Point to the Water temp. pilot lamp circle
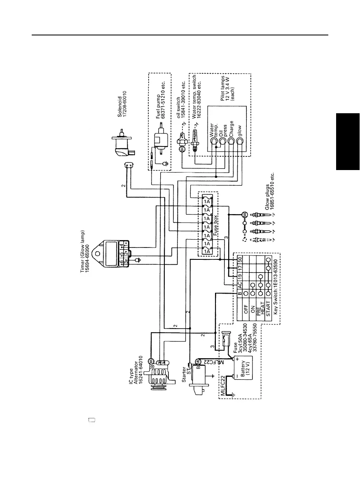pyautogui.click(x=213, y=141)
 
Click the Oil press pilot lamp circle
pyautogui.click(x=222, y=141)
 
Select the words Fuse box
pyautogui.click(x=216, y=227)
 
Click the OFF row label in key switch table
pyautogui.click(x=245, y=317)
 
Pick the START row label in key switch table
pyautogui.click(x=268, y=317)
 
